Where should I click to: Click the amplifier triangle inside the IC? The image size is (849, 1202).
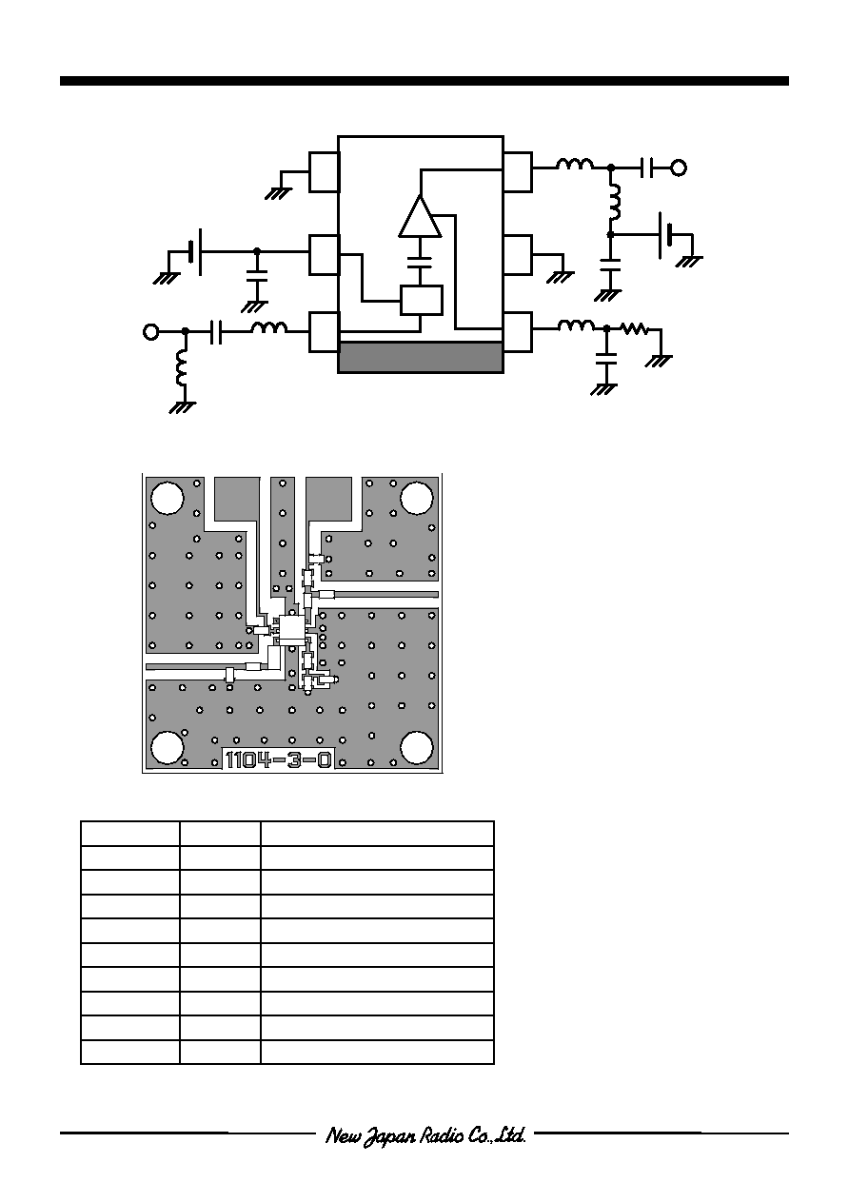coord(420,216)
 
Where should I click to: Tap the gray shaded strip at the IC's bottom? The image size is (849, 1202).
coord(421,358)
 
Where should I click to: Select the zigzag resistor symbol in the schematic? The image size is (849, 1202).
coord(634,328)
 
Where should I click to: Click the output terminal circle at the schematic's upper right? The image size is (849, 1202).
coord(679,167)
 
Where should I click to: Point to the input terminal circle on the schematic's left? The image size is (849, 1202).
coord(150,332)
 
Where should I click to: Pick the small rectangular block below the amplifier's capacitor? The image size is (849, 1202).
coord(422,301)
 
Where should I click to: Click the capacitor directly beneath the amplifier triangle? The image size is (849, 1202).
coord(420,262)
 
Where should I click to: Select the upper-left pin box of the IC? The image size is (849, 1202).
coord(325,171)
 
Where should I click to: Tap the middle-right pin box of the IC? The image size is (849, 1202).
coord(518,255)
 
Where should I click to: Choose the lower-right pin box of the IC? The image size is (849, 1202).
coord(518,333)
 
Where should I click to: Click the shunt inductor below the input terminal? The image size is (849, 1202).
coord(182,367)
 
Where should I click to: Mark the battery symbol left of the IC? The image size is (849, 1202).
coord(195,251)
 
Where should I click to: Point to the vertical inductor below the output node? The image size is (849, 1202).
coord(615,202)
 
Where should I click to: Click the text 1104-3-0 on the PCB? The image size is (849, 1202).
coord(279,759)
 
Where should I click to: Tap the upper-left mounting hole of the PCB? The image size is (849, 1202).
coord(168,498)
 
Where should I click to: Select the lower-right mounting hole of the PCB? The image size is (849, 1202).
coord(417,747)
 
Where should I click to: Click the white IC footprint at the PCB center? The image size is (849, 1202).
coord(291,631)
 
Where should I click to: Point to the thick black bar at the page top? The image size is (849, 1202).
coord(424,81)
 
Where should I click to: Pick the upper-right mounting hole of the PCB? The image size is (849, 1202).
coord(417,498)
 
